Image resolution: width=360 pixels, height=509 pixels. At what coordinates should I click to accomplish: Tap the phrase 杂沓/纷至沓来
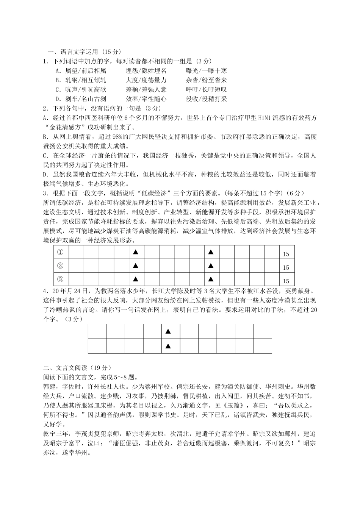click(x=206, y=80)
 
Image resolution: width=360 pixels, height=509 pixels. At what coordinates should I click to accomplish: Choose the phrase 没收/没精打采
click(x=206, y=99)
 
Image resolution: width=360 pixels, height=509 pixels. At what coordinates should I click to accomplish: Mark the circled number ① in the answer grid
click(x=59, y=252)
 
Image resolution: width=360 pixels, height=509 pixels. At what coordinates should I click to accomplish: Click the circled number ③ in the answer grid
click(x=59, y=279)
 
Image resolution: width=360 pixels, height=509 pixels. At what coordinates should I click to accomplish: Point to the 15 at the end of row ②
click(x=286, y=268)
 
